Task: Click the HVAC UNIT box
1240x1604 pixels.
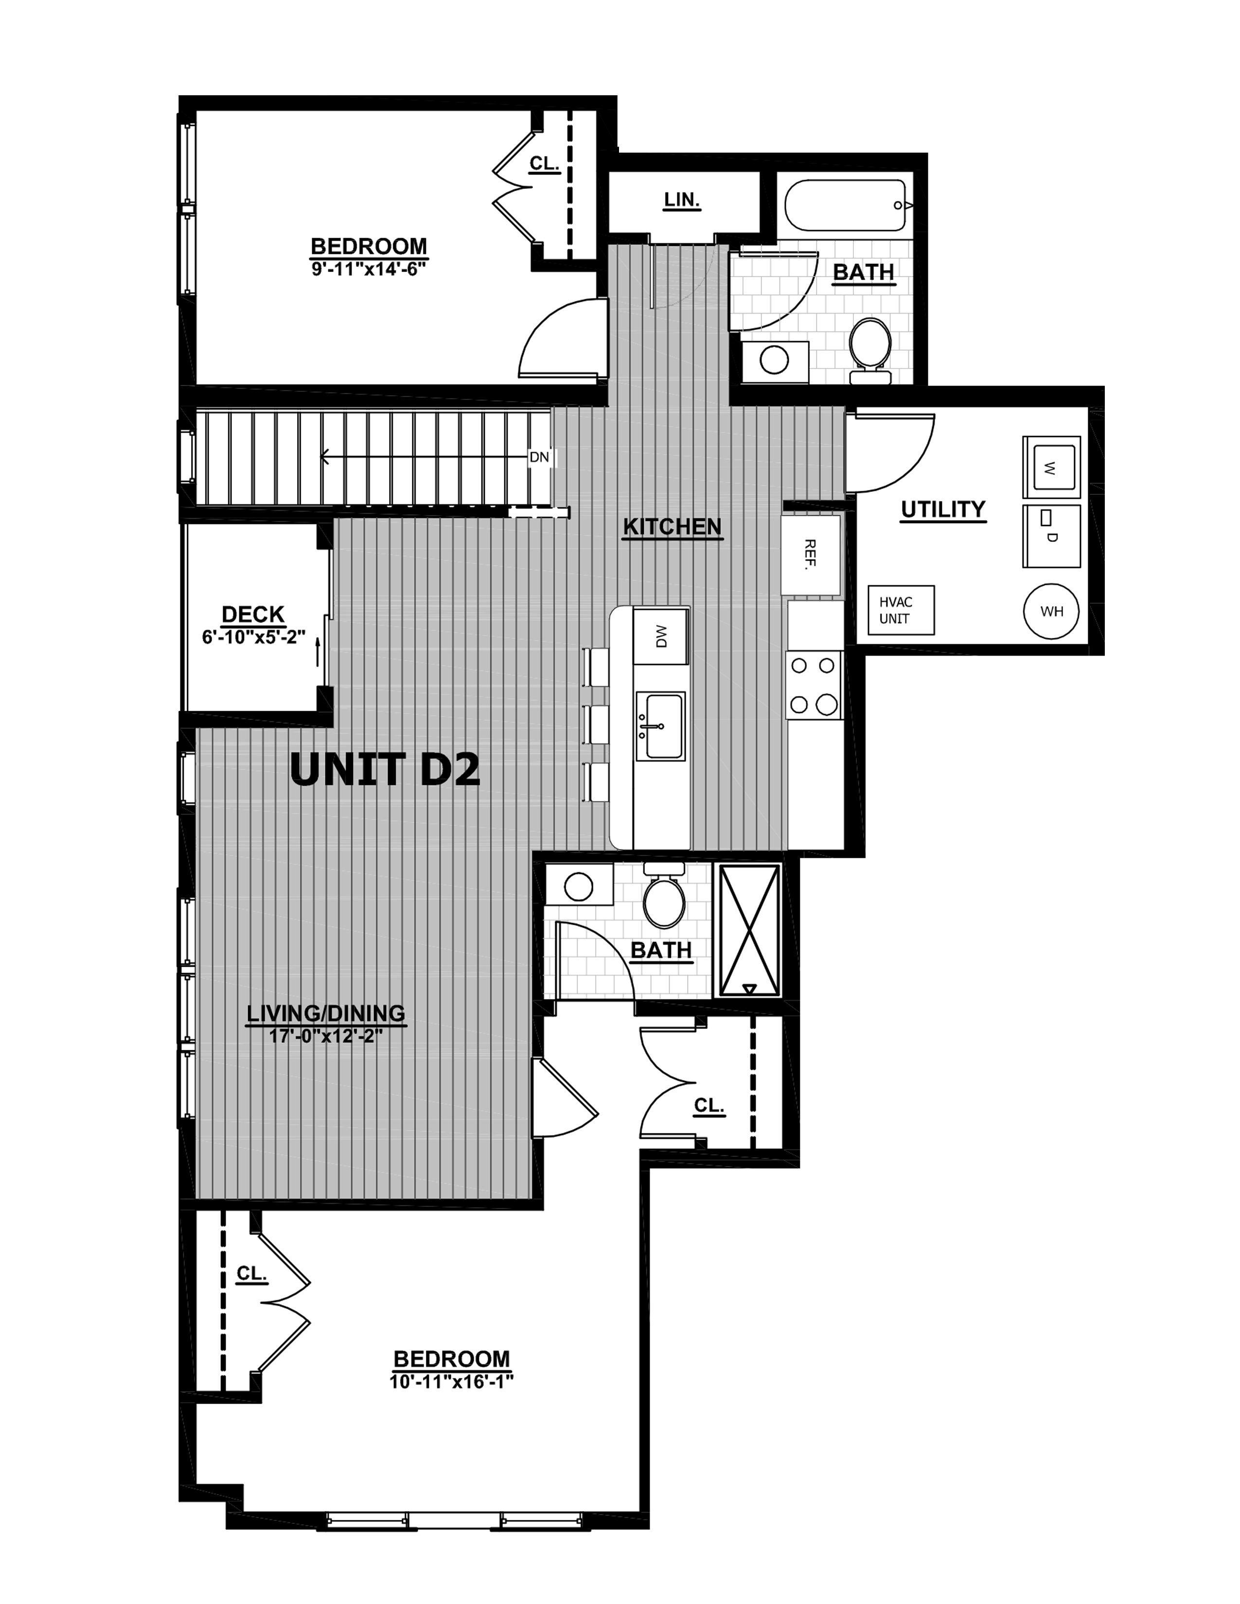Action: coord(901,610)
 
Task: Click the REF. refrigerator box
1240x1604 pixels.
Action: coord(810,555)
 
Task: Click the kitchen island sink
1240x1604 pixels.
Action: coord(660,726)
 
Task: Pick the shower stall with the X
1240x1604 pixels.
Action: coord(748,930)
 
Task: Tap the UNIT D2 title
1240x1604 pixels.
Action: coord(385,770)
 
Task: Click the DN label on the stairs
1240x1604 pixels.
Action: coord(539,457)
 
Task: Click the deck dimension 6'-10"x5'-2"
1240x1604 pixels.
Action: coord(253,636)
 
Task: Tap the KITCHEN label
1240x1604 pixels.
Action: coord(672,526)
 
